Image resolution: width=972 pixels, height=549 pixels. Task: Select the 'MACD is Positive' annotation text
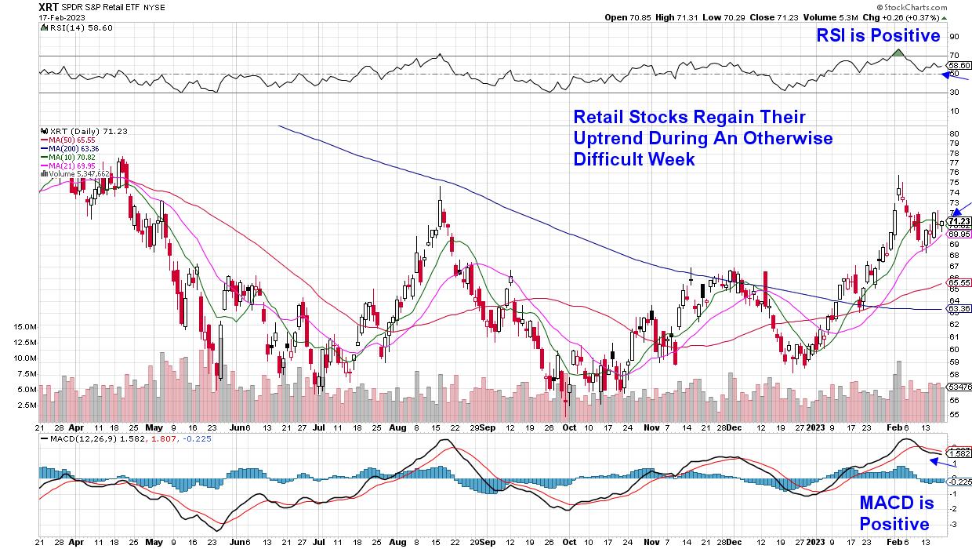[894, 511]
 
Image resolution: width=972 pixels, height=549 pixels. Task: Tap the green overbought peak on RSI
[899, 53]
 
